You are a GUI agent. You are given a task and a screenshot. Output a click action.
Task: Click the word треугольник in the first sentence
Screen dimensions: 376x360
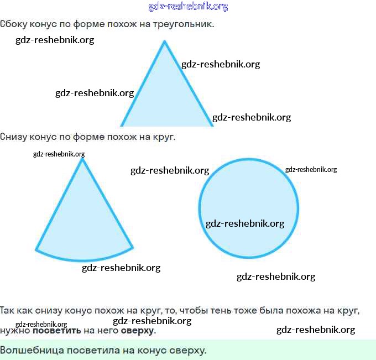point(183,24)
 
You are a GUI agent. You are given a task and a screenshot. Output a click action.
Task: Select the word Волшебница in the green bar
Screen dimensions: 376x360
point(32,350)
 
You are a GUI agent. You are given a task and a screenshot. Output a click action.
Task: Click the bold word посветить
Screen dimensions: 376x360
point(57,331)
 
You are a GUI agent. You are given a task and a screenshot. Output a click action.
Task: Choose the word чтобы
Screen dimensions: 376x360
point(194,311)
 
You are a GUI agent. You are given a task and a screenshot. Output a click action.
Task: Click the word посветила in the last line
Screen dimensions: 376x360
point(93,351)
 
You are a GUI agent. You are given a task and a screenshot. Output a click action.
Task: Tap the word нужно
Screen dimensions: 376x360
point(15,331)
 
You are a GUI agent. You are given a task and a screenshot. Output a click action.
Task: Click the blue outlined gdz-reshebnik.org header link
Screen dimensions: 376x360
point(188,7)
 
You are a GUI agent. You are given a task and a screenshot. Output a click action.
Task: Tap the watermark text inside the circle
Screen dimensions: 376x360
point(245,223)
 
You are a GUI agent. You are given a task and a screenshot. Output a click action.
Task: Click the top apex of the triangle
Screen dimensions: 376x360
point(165,41)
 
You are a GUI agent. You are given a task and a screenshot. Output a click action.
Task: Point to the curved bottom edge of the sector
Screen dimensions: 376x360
point(85,259)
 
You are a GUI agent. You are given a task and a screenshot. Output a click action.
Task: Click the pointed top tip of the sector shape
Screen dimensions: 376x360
point(82,159)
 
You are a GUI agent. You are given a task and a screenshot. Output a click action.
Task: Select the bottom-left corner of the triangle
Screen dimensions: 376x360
point(121,125)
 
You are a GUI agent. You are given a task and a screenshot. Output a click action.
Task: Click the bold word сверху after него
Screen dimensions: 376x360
point(137,331)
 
